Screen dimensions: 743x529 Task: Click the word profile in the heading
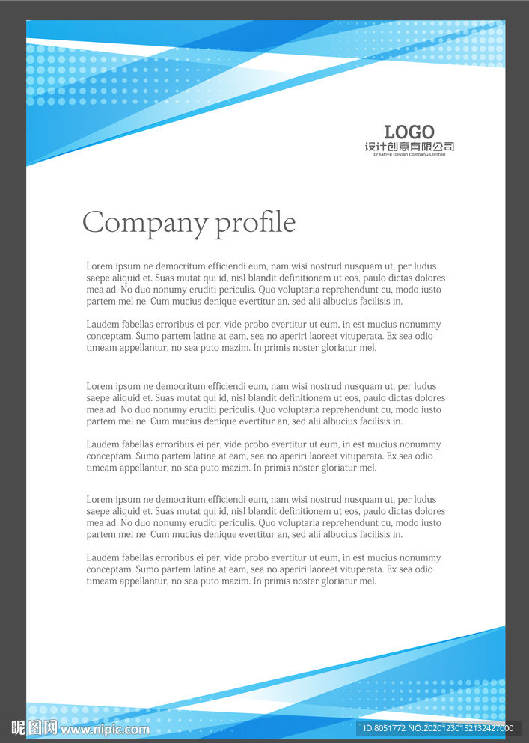pos(255,223)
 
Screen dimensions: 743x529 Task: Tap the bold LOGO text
pos(409,132)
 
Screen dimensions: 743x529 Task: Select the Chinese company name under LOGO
pos(409,147)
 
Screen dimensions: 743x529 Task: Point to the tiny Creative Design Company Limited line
pos(409,155)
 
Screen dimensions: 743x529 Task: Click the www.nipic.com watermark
pos(105,729)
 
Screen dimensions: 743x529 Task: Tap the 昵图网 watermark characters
pos(34,727)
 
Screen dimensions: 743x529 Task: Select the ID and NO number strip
pos(438,728)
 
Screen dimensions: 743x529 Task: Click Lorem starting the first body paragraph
pos(99,266)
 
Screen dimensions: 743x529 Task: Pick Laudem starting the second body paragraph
pos(103,325)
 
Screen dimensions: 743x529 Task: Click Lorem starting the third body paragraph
pos(99,387)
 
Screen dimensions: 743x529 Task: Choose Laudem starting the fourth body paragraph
pos(103,444)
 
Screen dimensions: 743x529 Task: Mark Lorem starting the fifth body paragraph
pos(99,500)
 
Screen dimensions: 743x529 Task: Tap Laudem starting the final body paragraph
pos(103,558)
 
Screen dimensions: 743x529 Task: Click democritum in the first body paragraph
pos(179,266)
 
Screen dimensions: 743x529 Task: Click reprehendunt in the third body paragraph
pos(354,410)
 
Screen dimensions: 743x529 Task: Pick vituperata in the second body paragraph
pos(357,337)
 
